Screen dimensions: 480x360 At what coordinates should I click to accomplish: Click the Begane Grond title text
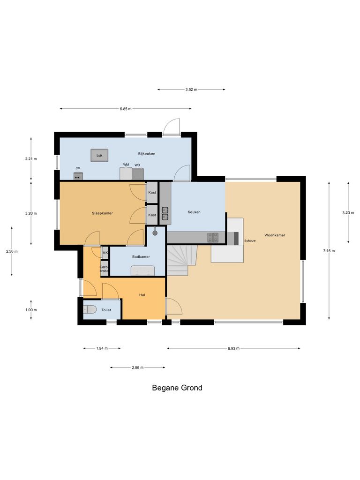tap(177, 388)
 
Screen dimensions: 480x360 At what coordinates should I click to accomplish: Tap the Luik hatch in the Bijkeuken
tap(99, 155)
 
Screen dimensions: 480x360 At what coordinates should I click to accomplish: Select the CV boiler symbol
tap(78, 176)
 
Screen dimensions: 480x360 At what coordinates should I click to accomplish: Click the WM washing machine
tap(126, 173)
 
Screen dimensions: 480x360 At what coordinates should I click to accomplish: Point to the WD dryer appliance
tap(138, 174)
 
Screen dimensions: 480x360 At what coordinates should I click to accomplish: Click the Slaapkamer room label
tap(102, 213)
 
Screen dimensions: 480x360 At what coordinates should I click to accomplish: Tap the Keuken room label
tap(194, 212)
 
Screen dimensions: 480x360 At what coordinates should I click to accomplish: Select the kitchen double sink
tap(165, 213)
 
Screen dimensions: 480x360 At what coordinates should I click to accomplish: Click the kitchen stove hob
tap(213, 238)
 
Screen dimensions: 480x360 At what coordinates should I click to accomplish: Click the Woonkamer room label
tap(275, 235)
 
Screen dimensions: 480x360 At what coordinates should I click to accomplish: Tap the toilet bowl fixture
tap(90, 310)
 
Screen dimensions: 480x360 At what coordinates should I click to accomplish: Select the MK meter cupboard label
tap(105, 253)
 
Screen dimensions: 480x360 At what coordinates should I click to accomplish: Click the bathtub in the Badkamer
tap(142, 270)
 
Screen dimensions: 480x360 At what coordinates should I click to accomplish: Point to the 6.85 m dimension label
tap(125, 109)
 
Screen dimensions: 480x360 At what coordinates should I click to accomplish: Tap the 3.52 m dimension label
tap(191, 89)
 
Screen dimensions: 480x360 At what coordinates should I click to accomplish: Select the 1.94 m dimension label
tap(102, 348)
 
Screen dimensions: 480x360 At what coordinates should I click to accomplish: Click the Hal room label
tap(142, 295)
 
